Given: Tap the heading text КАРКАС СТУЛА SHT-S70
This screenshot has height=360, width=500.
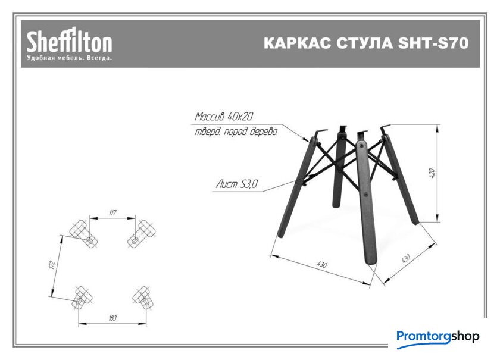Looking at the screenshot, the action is coord(366,43).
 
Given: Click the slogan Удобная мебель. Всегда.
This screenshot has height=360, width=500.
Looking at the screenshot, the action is coord(69,58).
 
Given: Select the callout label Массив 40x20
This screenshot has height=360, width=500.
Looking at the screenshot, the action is coord(224,117).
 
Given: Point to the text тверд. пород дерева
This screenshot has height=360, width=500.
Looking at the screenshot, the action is coord(236,132).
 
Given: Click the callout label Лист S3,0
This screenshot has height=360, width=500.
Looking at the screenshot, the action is coord(237,184).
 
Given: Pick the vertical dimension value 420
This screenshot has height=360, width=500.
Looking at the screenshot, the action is coord(432,173).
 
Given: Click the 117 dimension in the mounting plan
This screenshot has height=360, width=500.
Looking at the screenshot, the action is coord(112,212).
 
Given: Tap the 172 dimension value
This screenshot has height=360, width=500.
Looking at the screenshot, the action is coord(52,264).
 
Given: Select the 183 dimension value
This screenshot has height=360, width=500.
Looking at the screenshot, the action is coord(112,318).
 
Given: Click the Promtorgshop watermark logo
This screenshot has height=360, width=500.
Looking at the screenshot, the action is coord(438,337).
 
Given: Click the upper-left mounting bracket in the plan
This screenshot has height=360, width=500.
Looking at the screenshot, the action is coord(83,234).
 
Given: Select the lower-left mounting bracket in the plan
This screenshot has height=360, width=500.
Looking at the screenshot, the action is coord(82,297).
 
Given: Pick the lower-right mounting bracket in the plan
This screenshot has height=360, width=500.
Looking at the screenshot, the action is coord(142,297).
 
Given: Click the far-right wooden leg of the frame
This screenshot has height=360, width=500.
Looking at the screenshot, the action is coord(400,179).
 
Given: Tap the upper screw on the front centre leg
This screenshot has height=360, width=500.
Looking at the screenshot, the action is coord(361,146).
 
